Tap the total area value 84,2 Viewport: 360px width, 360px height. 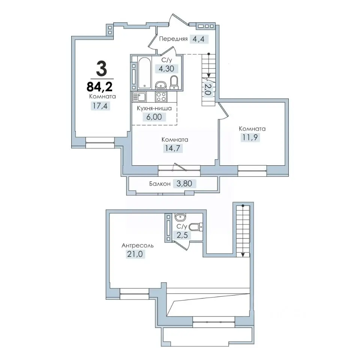tap(100, 87)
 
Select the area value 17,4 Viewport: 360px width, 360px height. tap(100, 106)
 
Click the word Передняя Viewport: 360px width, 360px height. tap(173, 39)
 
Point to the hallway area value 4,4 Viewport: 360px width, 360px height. tap(199, 39)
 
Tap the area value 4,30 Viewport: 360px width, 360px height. tap(166, 68)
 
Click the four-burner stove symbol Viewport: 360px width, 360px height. tap(161, 97)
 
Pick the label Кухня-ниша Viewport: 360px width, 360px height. tap(154, 108)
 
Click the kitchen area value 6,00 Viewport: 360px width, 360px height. tap(154, 117)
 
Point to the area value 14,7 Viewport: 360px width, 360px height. tap(172, 148)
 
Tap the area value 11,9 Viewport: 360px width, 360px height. tap(250, 137)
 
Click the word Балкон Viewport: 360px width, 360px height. tap(160, 184)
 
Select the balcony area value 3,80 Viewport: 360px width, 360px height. tap(184, 183)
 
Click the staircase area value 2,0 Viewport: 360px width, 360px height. tap(207, 89)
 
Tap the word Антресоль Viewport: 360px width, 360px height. tap(138, 246)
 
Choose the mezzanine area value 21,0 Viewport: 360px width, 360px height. tap(135, 254)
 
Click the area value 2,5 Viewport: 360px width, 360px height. tap(182, 235)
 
